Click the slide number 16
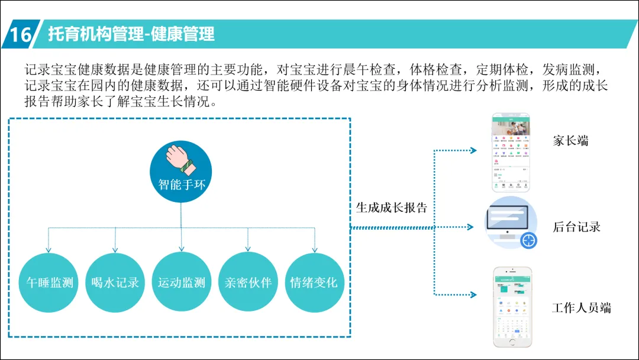[20, 34]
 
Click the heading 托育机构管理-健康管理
[131, 34]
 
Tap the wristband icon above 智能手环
[180, 159]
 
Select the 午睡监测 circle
[50, 282]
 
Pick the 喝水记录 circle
[115, 282]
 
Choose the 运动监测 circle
[181, 282]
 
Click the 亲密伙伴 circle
[248, 282]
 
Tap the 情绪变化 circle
[314, 282]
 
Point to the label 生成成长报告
[392, 208]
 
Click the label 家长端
[570, 141]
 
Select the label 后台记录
[576, 227]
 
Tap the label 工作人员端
[581, 308]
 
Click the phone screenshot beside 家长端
[512, 152]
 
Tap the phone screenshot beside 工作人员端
[512, 306]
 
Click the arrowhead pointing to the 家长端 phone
[473, 150]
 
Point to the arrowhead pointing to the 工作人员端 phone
[473, 294]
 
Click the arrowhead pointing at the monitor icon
[471, 227]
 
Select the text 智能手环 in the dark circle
[182, 184]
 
